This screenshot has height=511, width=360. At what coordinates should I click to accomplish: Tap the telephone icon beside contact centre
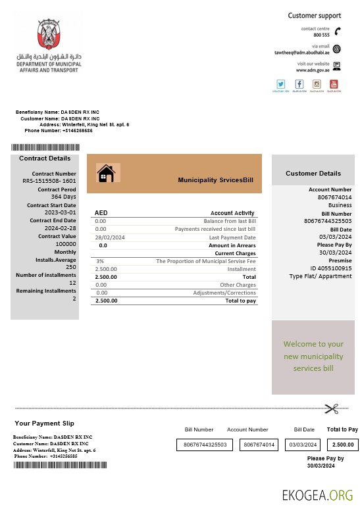click(337, 31)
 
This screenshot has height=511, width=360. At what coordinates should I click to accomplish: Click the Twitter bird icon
click(280, 84)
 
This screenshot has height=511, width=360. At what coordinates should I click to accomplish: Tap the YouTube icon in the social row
click(334, 84)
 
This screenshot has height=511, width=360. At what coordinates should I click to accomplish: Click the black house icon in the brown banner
click(106, 173)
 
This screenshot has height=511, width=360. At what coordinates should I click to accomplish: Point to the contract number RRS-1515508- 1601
click(49, 180)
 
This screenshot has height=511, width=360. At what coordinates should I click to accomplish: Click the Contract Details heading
click(45, 158)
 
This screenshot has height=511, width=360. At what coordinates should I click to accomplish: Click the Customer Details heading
click(313, 174)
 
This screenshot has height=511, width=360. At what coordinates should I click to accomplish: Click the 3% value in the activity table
click(99, 261)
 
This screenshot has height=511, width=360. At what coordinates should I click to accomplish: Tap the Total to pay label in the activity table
click(240, 301)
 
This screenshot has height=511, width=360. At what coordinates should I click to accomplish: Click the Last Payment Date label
click(232, 237)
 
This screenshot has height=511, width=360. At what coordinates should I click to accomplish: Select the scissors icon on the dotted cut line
click(330, 408)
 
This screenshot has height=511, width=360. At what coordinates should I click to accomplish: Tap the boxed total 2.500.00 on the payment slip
click(343, 445)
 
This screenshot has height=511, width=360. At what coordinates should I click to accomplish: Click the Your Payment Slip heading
click(45, 423)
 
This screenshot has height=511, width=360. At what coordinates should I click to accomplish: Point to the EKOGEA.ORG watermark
click(317, 495)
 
